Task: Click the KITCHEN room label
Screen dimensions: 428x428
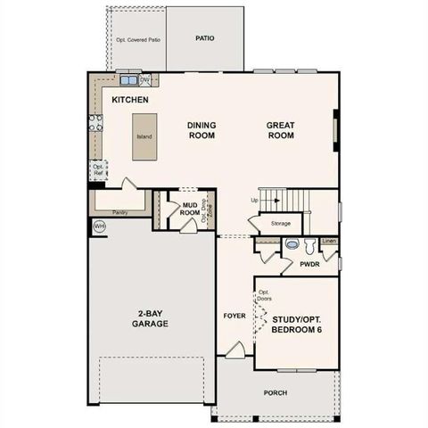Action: tap(130, 100)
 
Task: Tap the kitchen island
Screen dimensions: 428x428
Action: tap(144, 136)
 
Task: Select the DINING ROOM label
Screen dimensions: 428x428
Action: tap(202, 130)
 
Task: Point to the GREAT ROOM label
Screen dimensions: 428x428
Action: tap(281, 130)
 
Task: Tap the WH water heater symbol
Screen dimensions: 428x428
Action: tap(99, 226)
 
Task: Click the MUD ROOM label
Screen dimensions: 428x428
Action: tap(189, 209)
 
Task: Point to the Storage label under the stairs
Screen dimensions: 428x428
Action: tap(281, 223)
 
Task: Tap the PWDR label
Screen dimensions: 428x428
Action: tap(310, 265)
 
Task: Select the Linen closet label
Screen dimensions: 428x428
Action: tap(330, 241)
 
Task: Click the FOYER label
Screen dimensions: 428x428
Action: tap(234, 316)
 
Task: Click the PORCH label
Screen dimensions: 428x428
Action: tap(275, 392)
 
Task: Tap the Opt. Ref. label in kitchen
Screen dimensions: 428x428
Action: tap(98, 169)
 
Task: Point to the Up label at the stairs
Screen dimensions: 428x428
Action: tap(255, 200)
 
